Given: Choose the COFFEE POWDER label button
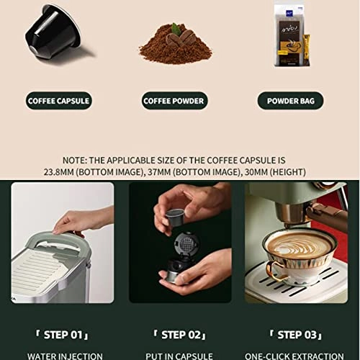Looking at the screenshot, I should [x=174, y=101].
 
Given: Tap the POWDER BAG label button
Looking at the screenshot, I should [x=290, y=101].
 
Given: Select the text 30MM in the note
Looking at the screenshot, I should [x=245, y=172].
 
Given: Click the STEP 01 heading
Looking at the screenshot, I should [x=63, y=335].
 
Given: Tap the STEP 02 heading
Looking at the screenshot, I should [x=180, y=335].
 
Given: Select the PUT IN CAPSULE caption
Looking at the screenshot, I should [x=180, y=355].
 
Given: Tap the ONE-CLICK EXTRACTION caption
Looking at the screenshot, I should [x=294, y=355].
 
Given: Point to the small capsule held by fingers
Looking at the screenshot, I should [x=175, y=216].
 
